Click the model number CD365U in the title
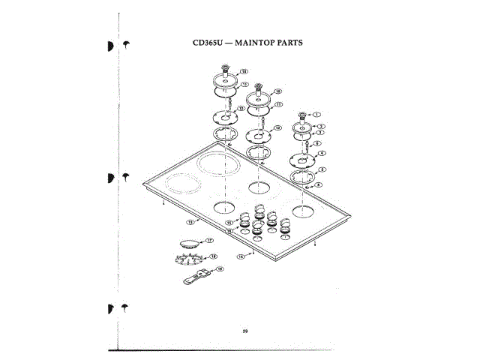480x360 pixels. (206, 43)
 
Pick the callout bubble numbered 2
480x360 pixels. (320, 126)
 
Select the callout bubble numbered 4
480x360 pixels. (322, 153)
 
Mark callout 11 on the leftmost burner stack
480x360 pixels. (244, 85)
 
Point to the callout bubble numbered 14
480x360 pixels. (241, 256)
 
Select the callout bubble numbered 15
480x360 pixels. (229, 223)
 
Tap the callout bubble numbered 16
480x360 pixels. (230, 231)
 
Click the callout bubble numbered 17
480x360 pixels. (210, 240)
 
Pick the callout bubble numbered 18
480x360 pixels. (213, 256)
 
